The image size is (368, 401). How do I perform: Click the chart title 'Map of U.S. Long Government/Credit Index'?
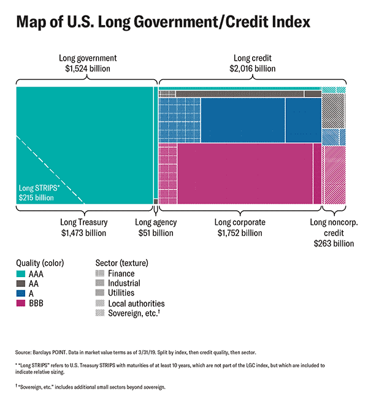(163, 23)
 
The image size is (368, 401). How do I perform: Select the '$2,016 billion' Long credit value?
(253, 69)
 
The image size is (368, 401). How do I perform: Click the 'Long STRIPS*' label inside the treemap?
(39, 188)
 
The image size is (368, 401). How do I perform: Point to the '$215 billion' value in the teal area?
(36, 198)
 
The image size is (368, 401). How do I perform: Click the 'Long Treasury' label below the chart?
(84, 222)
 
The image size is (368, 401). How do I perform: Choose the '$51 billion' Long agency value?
(155, 233)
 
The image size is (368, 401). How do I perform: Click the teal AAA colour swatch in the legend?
(20, 274)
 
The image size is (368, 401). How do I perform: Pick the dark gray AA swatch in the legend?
(20, 284)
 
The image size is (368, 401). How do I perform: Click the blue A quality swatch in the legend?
(20, 294)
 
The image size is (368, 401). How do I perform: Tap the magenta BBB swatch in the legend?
(20, 304)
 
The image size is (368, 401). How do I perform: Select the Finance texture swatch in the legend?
(100, 274)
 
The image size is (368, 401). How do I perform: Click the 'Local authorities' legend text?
(136, 304)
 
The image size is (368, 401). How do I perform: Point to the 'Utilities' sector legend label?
(122, 294)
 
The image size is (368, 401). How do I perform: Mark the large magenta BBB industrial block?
(244, 173)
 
